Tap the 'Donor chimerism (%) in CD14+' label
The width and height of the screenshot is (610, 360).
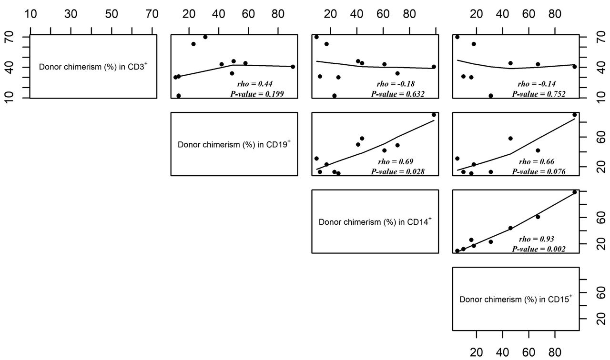(x=375, y=221)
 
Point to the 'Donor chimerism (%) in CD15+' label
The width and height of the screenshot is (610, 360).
(x=516, y=299)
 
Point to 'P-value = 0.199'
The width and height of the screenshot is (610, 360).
(x=257, y=94)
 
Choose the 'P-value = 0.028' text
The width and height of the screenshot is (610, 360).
(x=398, y=171)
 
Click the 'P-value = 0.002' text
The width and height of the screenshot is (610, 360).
(x=539, y=249)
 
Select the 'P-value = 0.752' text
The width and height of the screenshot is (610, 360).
(x=539, y=94)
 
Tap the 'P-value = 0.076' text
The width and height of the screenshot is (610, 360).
(x=539, y=171)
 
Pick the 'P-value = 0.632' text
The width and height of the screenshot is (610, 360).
(x=398, y=94)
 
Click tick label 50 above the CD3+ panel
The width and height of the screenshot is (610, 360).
(x=112, y=15)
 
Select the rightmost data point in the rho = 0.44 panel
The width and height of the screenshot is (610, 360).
(x=293, y=67)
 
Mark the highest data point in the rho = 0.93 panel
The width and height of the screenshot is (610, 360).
(x=574, y=192)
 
